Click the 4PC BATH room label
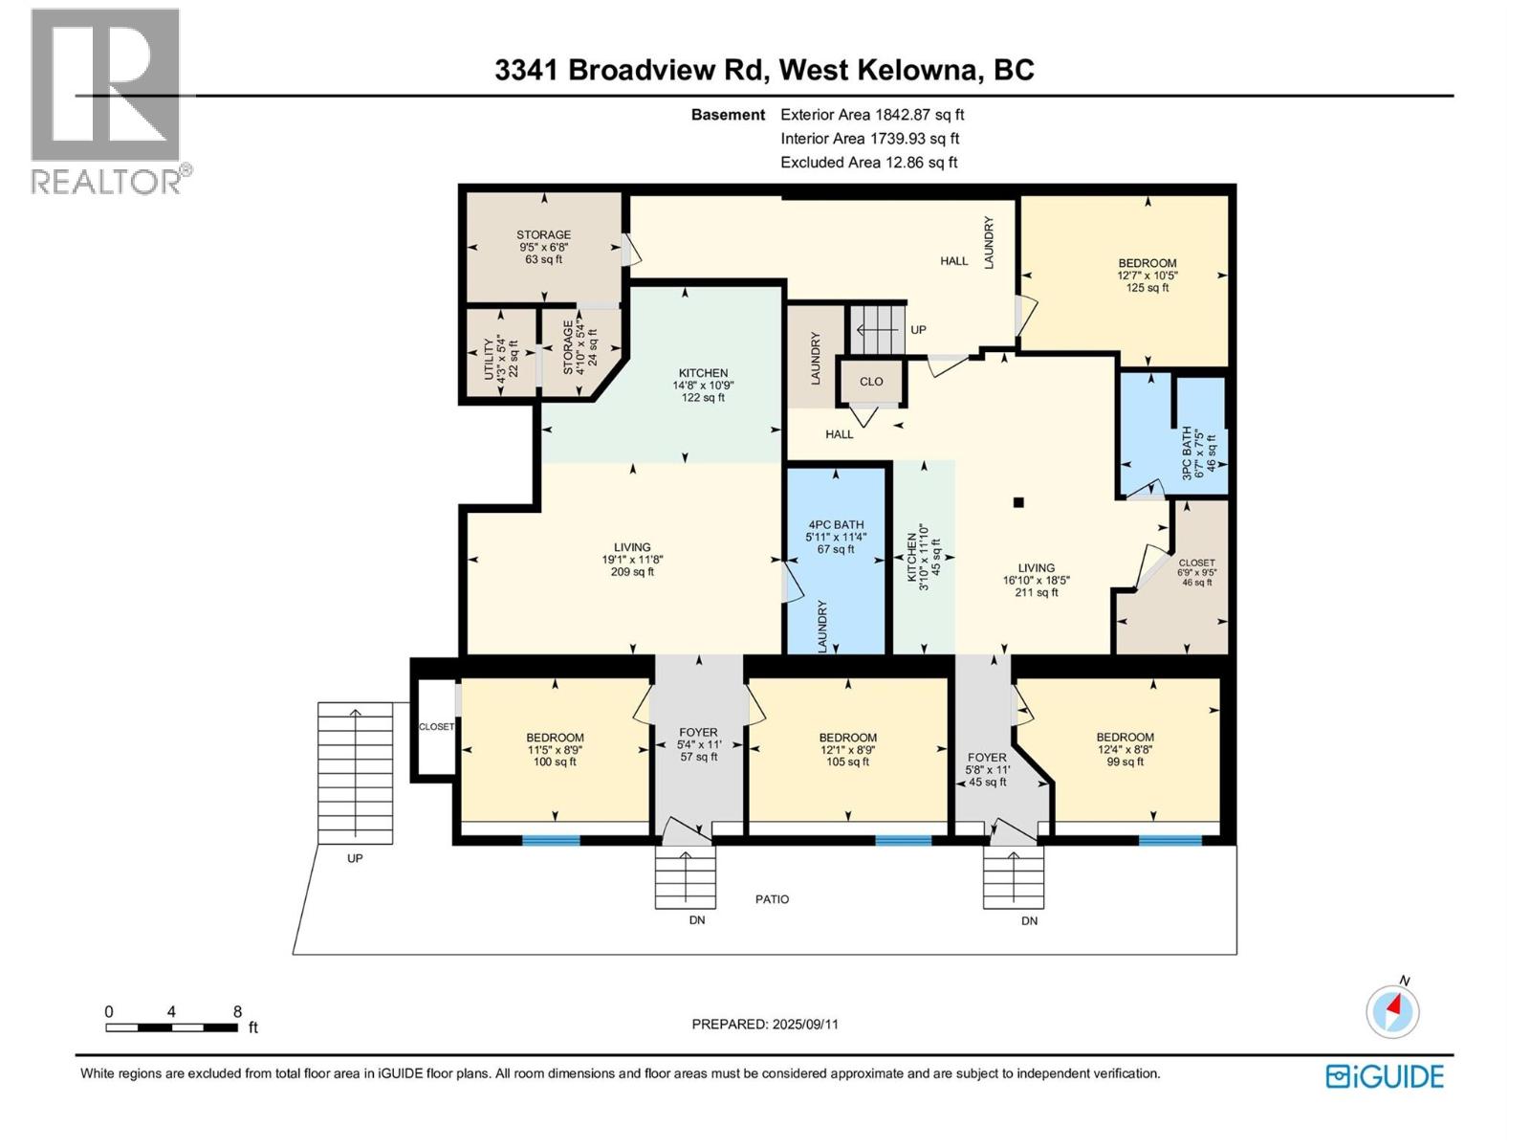(x=836, y=537)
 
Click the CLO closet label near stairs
(x=870, y=382)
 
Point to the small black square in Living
(x=1019, y=502)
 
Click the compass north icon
(x=1392, y=1010)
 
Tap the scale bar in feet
(x=172, y=1027)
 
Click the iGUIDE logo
(x=1385, y=1076)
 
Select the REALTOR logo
(x=106, y=100)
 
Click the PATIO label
(x=772, y=899)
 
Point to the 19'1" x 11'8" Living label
(x=632, y=560)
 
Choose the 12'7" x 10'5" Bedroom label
(x=1147, y=276)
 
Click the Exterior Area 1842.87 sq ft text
(x=872, y=115)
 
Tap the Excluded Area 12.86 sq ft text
(x=868, y=163)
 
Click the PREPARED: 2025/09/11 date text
(x=765, y=1024)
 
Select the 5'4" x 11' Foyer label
(x=699, y=744)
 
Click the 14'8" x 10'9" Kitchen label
(x=703, y=386)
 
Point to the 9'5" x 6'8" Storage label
(x=543, y=247)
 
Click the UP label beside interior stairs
(x=918, y=330)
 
